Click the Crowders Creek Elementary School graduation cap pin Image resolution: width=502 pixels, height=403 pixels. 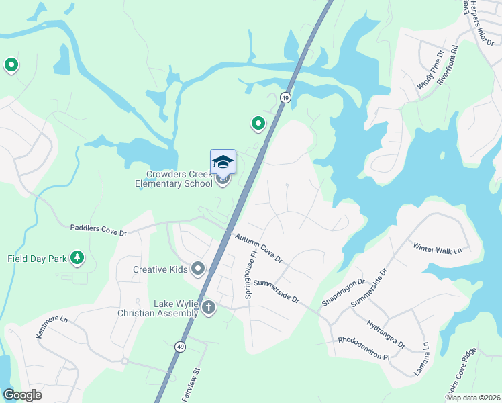223,163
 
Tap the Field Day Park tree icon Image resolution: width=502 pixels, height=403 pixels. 78,258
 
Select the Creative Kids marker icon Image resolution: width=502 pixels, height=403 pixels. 198,269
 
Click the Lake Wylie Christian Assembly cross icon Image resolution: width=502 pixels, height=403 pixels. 209,308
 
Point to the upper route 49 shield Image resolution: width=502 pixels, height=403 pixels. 286,98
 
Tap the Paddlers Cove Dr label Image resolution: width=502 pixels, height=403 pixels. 99,229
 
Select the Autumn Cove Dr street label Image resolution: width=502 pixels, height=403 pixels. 258,249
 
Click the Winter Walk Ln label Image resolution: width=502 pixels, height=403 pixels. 438,248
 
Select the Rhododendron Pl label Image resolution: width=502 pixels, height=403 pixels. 364,348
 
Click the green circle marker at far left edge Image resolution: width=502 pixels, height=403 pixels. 11,65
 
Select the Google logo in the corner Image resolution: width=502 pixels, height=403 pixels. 22,394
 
